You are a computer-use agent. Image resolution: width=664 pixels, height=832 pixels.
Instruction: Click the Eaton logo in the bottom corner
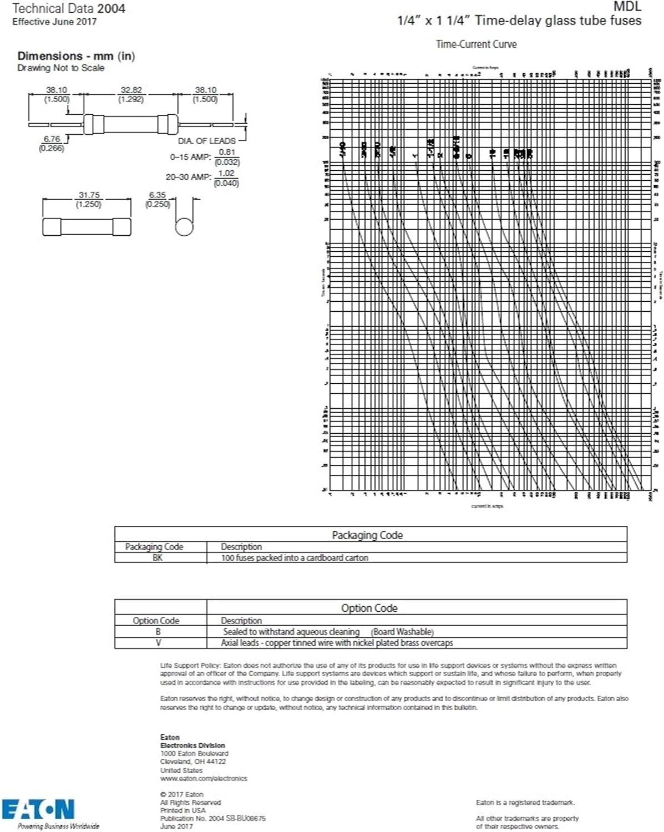click(38, 809)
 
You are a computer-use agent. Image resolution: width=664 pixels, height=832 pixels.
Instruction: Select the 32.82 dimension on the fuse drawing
click(131, 90)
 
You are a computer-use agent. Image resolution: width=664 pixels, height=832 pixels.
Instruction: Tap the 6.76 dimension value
click(52, 139)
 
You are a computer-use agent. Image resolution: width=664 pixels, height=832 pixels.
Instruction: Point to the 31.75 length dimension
click(89, 195)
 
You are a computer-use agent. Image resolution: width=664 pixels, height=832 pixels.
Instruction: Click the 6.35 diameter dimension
click(158, 195)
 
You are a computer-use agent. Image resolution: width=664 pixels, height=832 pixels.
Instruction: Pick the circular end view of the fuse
click(184, 226)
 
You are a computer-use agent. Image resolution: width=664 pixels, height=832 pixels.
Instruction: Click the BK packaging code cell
click(158, 557)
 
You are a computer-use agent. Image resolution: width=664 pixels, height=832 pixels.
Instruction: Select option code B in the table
click(158, 632)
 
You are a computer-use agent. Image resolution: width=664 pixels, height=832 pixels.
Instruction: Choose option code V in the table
click(158, 643)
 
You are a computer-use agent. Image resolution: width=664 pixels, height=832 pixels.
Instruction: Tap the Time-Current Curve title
click(476, 44)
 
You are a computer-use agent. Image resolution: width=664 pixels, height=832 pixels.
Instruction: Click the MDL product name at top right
click(627, 7)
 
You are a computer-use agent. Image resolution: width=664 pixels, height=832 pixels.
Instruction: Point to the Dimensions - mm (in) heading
click(76, 56)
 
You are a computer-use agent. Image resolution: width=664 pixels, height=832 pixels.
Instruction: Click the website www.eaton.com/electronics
click(204, 778)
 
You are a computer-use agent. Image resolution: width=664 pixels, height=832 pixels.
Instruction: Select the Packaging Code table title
click(367, 535)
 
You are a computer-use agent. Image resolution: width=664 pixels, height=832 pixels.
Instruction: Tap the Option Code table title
click(369, 608)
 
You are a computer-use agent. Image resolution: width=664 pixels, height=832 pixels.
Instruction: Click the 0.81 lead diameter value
click(227, 152)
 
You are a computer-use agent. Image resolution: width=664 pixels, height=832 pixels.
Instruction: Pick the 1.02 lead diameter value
click(226, 173)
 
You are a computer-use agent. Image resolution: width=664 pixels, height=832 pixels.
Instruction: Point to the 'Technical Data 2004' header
click(69, 8)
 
